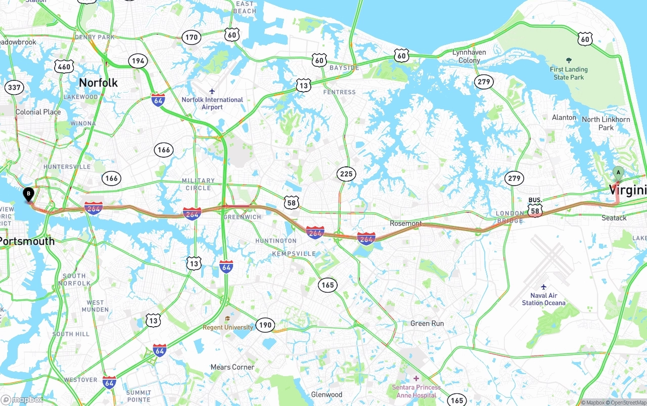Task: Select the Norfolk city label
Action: click(x=98, y=82)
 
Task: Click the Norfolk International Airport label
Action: click(x=212, y=103)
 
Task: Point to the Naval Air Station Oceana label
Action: click(x=544, y=299)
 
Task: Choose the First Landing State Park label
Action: click(x=569, y=73)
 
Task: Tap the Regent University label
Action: click(x=228, y=327)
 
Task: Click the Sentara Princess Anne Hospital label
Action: click(x=417, y=391)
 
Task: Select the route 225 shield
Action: click(x=346, y=174)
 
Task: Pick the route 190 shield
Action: click(x=265, y=325)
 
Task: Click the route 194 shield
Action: click(x=137, y=61)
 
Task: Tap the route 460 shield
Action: click(x=64, y=66)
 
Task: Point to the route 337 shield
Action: click(x=14, y=87)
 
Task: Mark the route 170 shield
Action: click(x=192, y=37)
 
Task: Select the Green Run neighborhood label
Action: click(x=427, y=323)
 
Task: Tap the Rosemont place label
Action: click(x=405, y=223)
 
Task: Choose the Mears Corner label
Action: click(x=233, y=367)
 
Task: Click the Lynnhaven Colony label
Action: click(x=469, y=56)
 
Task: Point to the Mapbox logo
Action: click(x=22, y=399)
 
